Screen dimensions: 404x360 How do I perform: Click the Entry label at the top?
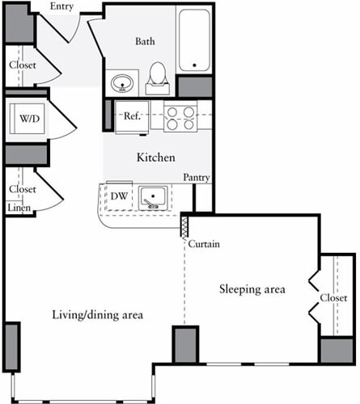pos(61,7)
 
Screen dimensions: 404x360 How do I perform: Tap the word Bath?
pos(146,41)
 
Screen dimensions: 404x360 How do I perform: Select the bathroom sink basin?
pos(123,82)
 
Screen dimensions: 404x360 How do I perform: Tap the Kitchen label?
pos(155,158)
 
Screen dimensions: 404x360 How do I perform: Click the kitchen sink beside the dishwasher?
pos(153,196)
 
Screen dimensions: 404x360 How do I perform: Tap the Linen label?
pos(19,208)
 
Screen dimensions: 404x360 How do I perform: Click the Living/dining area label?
pos(98,314)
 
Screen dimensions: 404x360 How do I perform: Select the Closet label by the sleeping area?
pos(333,297)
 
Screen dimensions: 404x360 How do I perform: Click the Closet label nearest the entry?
pos(23,65)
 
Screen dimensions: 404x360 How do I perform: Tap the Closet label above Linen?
pos(23,189)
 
